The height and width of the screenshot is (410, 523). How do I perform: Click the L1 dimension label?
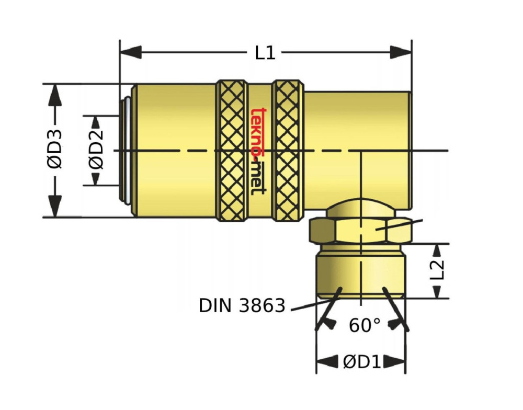pos(265,53)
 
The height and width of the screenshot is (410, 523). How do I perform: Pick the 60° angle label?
pos(365,326)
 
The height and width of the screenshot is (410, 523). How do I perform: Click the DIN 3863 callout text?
pos(242,305)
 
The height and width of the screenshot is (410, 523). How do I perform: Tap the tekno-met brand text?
pos(257,151)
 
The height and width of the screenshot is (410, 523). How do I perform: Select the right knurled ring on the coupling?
pos(288,151)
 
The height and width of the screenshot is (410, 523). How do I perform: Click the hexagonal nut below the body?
pos(361,230)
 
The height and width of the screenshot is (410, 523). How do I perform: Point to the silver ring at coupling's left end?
pos(126,151)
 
